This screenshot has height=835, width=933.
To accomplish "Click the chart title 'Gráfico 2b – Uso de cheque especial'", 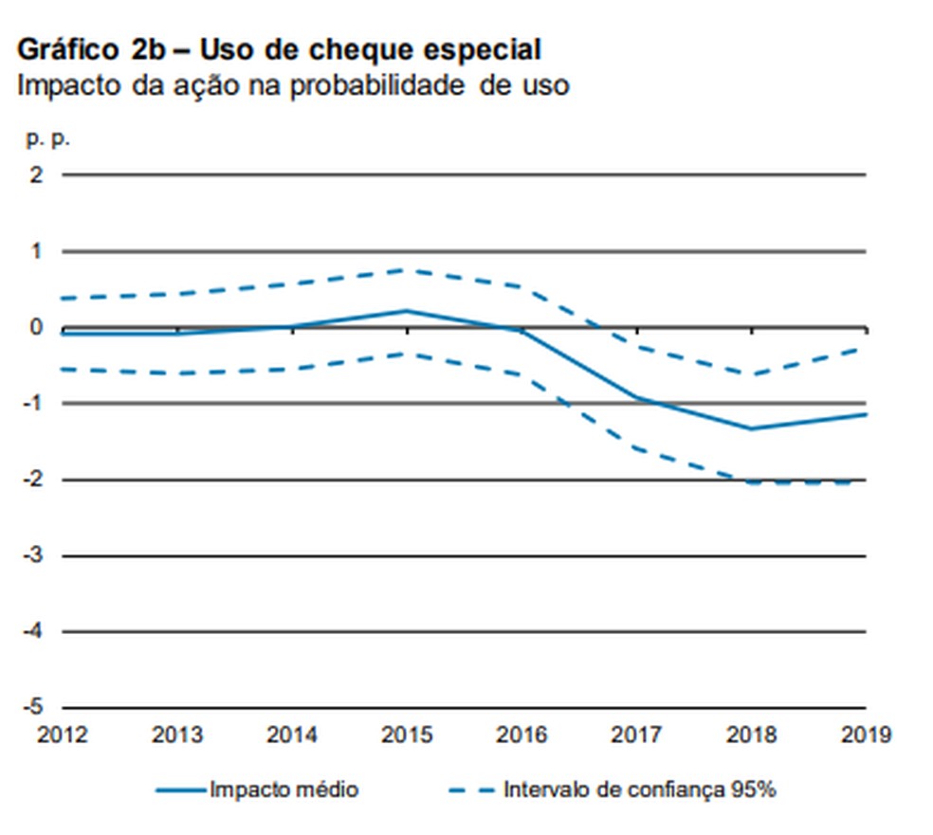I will point(279,49).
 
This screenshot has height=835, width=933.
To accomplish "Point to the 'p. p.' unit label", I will point(48,138).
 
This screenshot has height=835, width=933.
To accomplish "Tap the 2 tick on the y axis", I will point(37,175).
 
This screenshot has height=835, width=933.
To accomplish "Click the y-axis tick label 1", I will point(37,251).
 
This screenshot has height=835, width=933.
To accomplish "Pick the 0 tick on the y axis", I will point(37,328).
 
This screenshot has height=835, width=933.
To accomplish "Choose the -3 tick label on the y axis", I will point(33,555).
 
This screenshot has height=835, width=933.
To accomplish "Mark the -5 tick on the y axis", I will point(33,707).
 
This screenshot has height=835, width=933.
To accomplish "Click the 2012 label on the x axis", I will point(62,735).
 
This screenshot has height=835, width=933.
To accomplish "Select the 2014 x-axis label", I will point(292,735).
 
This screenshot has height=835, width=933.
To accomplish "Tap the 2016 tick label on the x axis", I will point(521,735).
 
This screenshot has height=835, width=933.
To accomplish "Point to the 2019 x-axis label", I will point(865,735).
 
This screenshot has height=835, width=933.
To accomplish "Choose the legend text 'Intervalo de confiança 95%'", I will point(640,789).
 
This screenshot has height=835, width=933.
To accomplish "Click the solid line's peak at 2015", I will point(407,310).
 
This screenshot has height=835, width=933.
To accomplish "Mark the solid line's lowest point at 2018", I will point(751,428).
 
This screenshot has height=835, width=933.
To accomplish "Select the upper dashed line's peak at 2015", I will point(407,270).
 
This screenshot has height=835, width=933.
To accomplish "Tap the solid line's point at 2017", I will point(636,398).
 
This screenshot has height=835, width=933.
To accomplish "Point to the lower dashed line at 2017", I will point(636,448).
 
